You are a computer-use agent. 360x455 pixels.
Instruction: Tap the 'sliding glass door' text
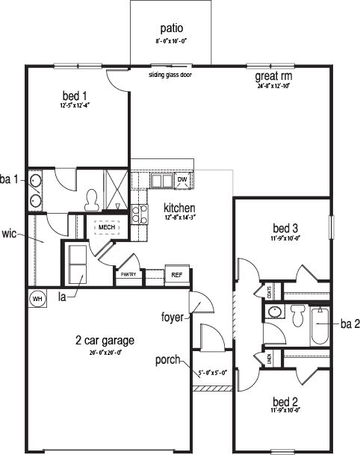(x=170, y=75)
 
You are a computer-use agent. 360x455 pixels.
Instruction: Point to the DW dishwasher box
(x=182, y=180)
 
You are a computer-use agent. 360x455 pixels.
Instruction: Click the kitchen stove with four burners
(x=138, y=214)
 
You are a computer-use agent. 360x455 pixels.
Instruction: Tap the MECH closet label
(x=107, y=226)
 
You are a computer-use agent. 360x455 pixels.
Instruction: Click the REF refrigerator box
(x=176, y=275)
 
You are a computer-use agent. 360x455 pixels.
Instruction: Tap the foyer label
(x=172, y=316)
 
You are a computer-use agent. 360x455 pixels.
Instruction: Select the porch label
(x=167, y=360)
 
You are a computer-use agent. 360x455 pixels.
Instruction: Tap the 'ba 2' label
(x=349, y=324)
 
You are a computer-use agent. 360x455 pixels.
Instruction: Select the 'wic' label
(x=9, y=232)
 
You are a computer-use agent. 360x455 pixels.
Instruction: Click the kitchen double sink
(x=159, y=181)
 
